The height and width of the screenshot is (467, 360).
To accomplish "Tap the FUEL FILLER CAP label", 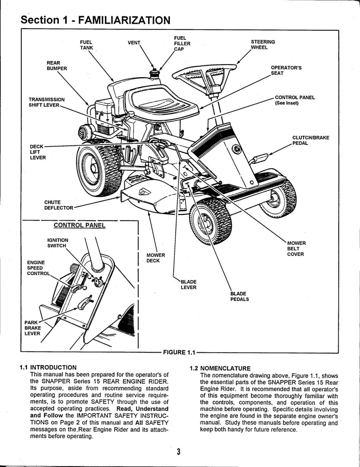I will coord(182,44).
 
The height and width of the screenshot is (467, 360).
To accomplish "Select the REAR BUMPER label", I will coord(57,65).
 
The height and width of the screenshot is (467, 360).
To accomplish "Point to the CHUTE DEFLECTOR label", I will coord(58,205).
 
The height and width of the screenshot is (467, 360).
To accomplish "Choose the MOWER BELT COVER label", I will coord(296,249).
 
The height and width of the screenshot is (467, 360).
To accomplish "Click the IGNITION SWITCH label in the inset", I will coord(58,243).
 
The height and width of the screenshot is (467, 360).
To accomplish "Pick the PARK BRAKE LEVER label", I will coord(33,328).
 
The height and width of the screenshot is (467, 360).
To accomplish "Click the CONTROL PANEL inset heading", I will coord(79,225).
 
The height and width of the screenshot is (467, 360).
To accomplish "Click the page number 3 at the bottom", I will coord(178,451).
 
